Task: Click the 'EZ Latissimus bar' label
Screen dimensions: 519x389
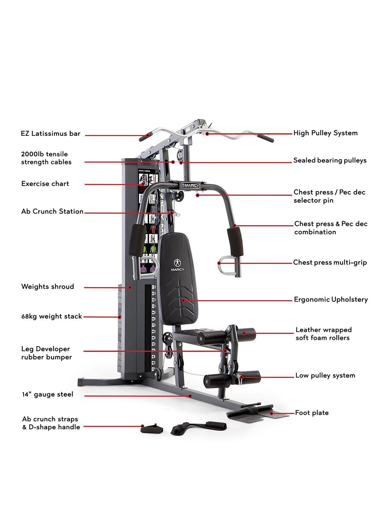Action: pyautogui.click(x=51, y=134)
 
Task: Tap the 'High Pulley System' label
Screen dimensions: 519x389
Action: pyautogui.click(x=325, y=133)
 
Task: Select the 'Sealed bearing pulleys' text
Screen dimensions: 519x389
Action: pyautogui.click(x=330, y=160)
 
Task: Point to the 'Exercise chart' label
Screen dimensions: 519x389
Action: pyautogui.click(x=45, y=184)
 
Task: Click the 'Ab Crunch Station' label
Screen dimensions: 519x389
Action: pyautogui.click(x=52, y=212)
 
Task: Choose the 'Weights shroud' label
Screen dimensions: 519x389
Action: pyautogui.click(x=48, y=287)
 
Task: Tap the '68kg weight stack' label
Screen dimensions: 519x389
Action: pyautogui.click(x=52, y=317)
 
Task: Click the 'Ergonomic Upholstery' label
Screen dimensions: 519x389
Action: pyautogui.click(x=331, y=300)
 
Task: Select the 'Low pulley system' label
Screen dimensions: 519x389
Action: pyautogui.click(x=325, y=375)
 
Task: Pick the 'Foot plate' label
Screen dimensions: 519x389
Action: pyautogui.click(x=312, y=413)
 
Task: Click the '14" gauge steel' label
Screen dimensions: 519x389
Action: pyautogui.click(x=48, y=394)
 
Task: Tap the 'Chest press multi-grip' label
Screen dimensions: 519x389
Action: pyautogui.click(x=330, y=262)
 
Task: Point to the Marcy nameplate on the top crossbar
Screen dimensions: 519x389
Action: pyautogui.click(x=190, y=185)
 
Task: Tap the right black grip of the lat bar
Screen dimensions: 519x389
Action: pyautogui.click(x=265, y=138)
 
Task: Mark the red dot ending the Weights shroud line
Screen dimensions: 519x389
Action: pyautogui.click(x=130, y=287)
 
